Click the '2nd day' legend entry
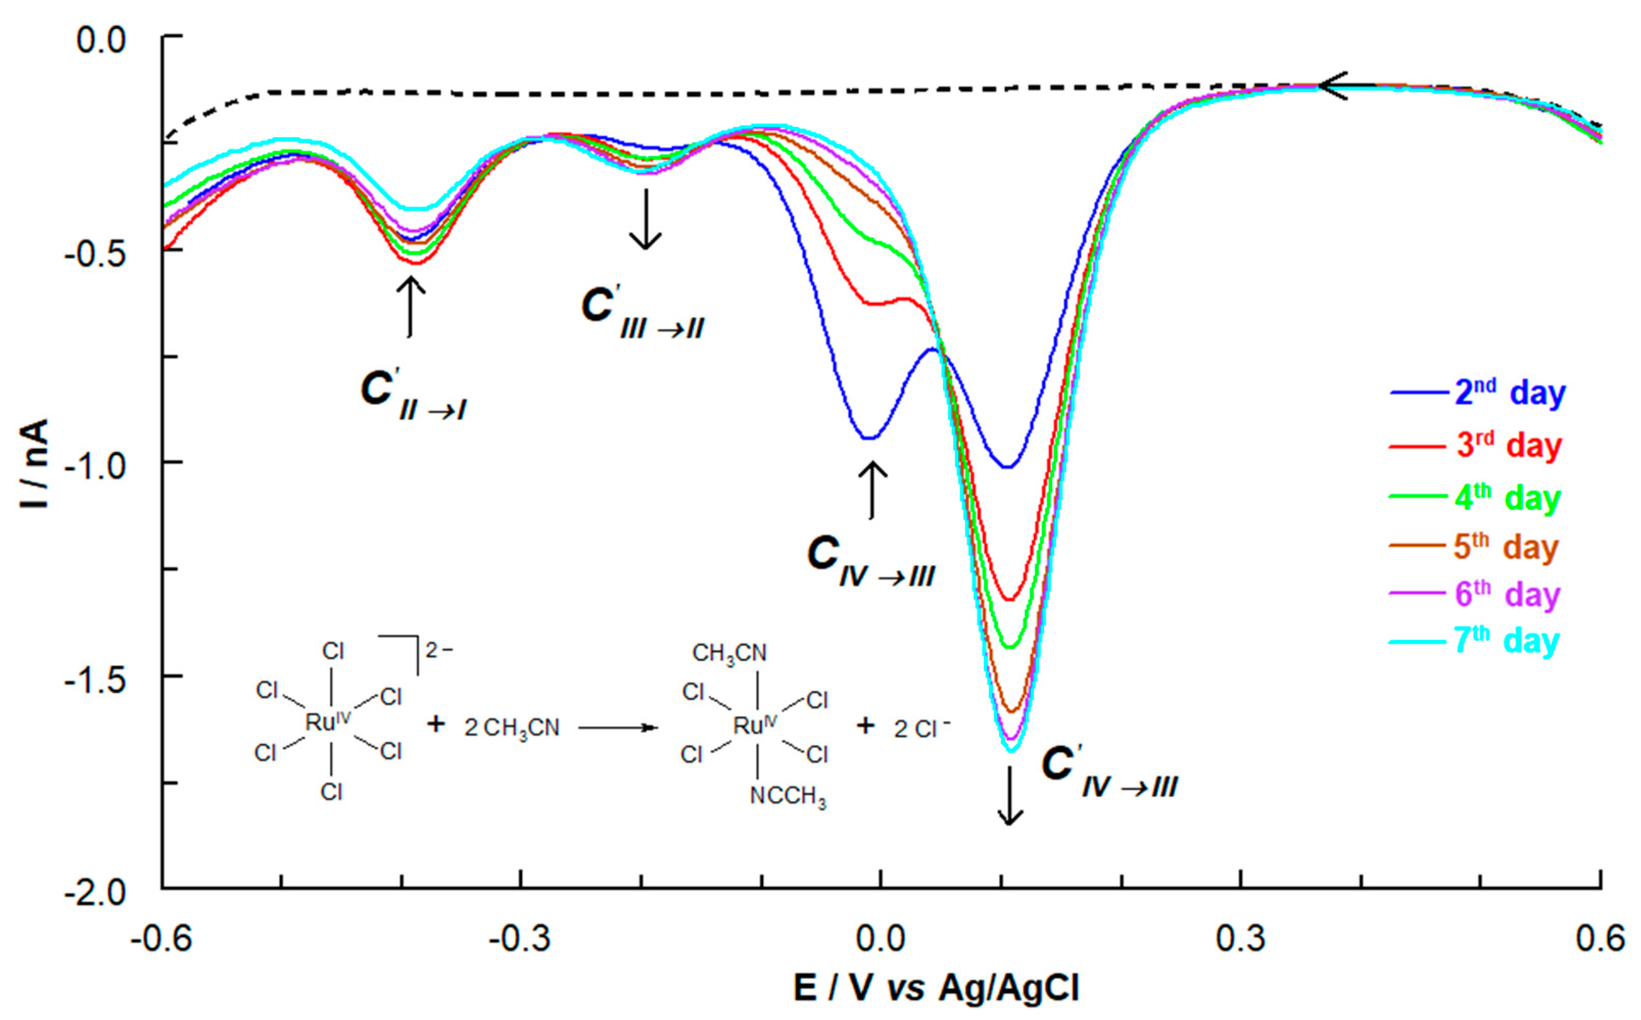tap(1509, 392)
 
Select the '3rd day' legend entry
tap(1509, 445)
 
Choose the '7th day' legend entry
tap(1506, 641)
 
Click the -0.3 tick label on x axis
tap(520, 938)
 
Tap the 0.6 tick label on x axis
tap(1600, 938)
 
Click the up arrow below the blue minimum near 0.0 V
tap(872, 490)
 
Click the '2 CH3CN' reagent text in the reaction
tap(511, 728)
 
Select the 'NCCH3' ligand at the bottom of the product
tap(788, 797)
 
